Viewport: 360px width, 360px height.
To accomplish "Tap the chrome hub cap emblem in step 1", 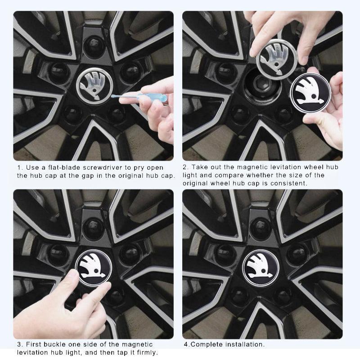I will point(94,85).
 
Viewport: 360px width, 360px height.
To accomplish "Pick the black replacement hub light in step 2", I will point(310,92).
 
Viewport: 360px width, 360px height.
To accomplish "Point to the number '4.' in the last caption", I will point(186,345).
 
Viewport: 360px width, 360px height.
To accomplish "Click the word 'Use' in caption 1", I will point(33,167).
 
